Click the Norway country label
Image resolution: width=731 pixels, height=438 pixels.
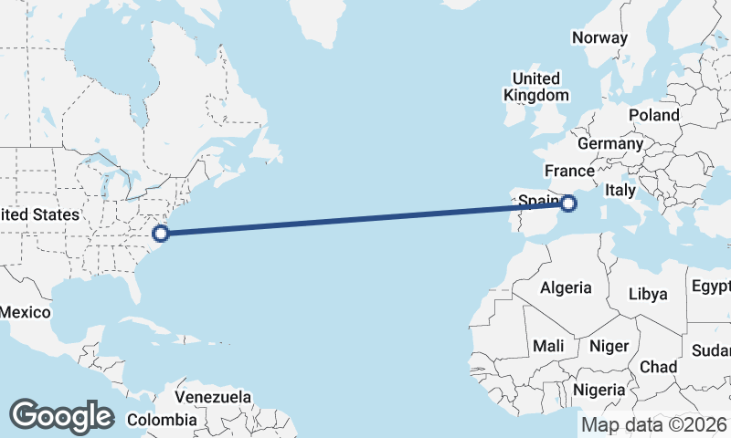pos(599,38)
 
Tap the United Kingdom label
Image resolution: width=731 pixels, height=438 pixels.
pos(536,87)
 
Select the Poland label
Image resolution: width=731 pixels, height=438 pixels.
pos(653,116)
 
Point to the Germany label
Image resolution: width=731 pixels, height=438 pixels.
pos(610,144)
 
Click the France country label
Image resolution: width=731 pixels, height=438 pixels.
pos(569,171)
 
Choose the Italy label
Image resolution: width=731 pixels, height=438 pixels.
pos(620,191)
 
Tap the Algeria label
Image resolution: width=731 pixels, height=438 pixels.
pos(566,288)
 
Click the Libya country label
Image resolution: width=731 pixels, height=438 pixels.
pos(649,294)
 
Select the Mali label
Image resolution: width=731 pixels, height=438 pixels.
pos(548,347)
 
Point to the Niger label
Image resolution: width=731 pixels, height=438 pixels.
pos(609,347)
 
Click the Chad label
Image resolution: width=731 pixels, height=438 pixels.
pos(658,367)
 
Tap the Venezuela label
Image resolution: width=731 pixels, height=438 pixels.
pos(213,398)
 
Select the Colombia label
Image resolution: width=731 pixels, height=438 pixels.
pos(162,420)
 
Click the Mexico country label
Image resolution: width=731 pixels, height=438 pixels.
pos(25,312)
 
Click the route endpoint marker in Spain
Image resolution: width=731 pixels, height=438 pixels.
pos(568,203)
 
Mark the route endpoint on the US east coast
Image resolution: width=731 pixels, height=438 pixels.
pos(161,234)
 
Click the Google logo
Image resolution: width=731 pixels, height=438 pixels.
pos(61,416)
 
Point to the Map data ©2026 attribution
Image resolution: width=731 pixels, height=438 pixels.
pos(653,424)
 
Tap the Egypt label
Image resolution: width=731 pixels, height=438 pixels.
pos(711,286)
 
